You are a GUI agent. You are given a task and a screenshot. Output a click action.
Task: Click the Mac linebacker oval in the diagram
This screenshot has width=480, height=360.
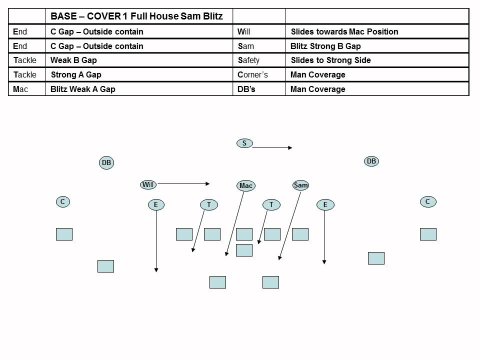(x=246, y=185)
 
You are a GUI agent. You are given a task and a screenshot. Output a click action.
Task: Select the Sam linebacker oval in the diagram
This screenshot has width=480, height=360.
(x=300, y=185)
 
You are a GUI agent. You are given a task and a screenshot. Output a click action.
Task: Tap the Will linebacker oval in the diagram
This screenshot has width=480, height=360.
(x=148, y=184)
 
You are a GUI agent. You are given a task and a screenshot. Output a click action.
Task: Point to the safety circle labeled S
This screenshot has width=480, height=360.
(x=244, y=143)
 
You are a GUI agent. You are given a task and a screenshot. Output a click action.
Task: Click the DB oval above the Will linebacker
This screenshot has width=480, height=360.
(x=106, y=162)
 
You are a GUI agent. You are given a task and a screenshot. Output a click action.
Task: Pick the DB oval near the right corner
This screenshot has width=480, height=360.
(x=371, y=161)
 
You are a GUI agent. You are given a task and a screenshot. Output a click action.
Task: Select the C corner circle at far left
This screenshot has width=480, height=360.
(x=62, y=202)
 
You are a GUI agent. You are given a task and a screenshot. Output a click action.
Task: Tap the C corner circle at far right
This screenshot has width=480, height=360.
(x=427, y=201)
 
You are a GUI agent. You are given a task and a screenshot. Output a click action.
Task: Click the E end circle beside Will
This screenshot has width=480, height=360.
(x=156, y=204)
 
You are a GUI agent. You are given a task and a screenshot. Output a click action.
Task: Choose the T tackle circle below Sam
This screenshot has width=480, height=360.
(x=271, y=204)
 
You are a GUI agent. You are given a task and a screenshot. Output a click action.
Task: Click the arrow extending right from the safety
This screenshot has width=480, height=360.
(x=272, y=147)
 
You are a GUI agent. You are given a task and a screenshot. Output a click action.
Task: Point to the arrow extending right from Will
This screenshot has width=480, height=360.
(x=183, y=183)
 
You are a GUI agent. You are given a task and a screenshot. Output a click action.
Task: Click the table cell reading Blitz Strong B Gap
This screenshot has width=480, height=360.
(x=325, y=46)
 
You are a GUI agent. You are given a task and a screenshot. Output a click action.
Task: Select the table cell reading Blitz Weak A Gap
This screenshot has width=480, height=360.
(x=83, y=89)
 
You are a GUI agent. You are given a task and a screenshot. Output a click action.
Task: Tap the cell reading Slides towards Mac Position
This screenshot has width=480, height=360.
(x=344, y=31)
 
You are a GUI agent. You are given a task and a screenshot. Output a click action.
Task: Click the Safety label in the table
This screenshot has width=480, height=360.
(x=249, y=60)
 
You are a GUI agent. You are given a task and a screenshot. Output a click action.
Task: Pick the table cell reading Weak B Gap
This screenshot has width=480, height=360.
(x=74, y=60)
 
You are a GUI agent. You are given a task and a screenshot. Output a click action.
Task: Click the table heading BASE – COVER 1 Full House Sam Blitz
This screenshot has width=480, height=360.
(x=136, y=16)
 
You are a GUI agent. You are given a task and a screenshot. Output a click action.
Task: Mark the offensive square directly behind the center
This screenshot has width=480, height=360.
(x=244, y=250)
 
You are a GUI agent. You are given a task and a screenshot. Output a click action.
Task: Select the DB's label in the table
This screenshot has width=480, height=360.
(x=247, y=89)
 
